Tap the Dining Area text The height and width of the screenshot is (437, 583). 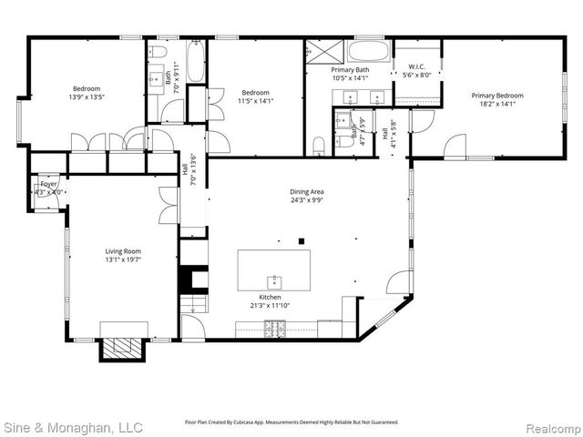click(307, 192)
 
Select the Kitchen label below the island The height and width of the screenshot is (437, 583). click(269, 298)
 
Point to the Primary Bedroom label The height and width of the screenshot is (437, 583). click(496, 95)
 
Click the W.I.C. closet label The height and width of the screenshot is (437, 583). click(417, 66)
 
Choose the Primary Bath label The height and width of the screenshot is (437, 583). click(350, 70)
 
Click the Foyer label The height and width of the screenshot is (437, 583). click(48, 184)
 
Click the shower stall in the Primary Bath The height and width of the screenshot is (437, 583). click(324, 50)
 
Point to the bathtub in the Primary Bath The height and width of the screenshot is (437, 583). click(368, 50)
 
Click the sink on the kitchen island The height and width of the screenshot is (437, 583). click(272, 279)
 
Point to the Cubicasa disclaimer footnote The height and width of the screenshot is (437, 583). click(291, 422)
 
